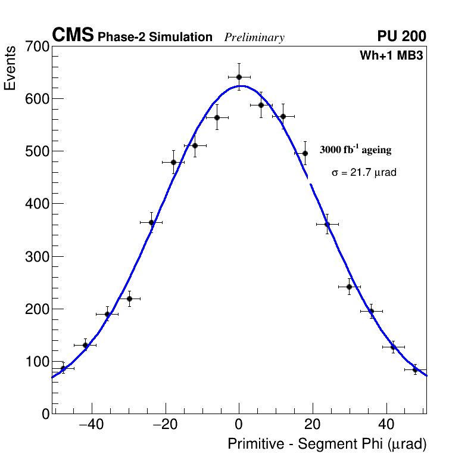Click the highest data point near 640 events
[x=239, y=77]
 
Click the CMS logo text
[x=73, y=36]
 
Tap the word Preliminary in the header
[x=254, y=38]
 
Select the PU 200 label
[x=402, y=36]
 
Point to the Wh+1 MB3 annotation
[x=391, y=56]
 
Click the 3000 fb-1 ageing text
[x=355, y=150]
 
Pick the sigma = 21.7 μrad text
[x=364, y=172]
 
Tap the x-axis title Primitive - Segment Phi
[x=327, y=445]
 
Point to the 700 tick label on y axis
[x=37, y=46]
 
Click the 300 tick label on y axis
[x=37, y=257]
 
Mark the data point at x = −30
[x=129, y=299]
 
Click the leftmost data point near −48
[x=63, y=368]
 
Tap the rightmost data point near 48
[x=415, y=369]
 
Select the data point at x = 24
[x=327, y=224]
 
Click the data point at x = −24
[x=151, y=222]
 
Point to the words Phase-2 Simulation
[x=155, y=38]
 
